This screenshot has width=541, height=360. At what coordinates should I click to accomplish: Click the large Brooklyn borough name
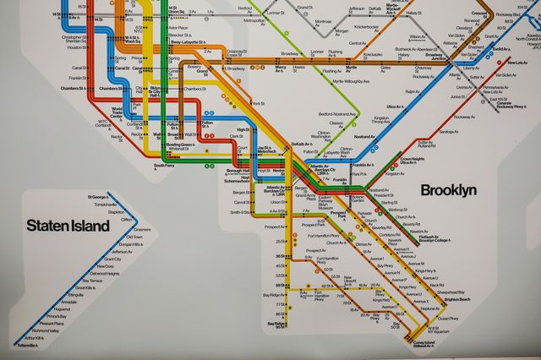(448, 189)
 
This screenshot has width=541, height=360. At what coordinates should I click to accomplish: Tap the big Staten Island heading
(68, 226)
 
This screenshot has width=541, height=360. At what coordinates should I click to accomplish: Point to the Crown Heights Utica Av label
(412, 161)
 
